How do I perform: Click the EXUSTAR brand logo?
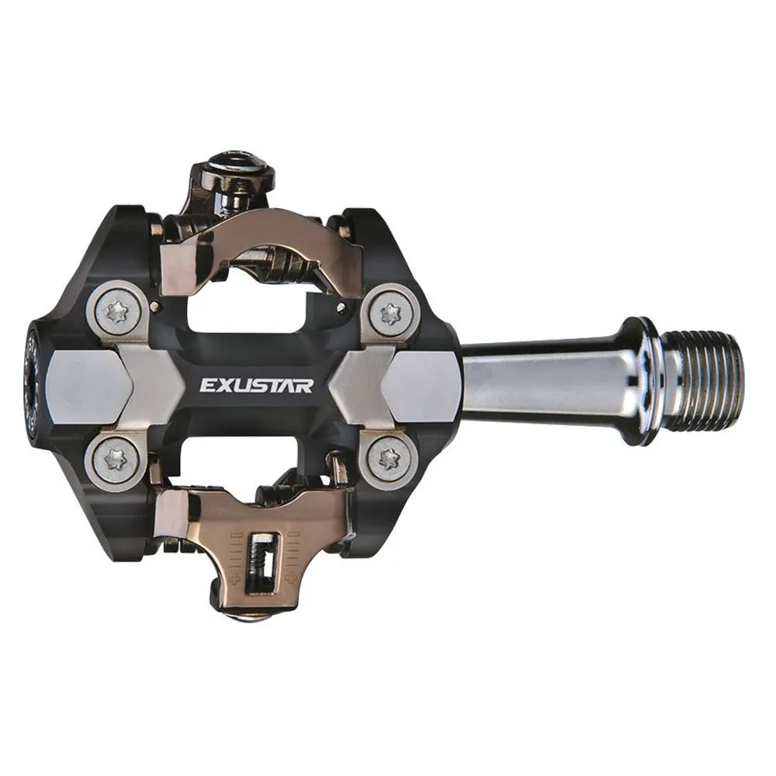256,385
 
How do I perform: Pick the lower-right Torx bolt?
390,459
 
